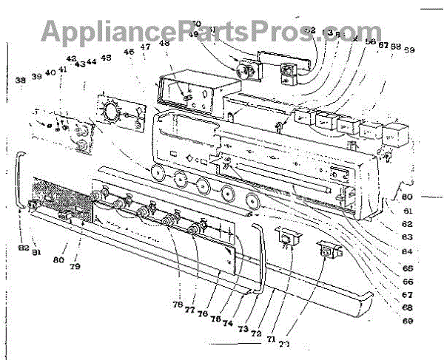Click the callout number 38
pyautogui.click(x=20, y=79)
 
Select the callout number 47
pyautogui.click(x=146, y=47)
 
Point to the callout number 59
pyautogui.click(x=409, y=50)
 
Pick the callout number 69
pyautogui.click(x=408, y=321)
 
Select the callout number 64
pyautogui.click(x=408, y=251)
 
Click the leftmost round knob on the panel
pyautogui.click(x=157, y=174)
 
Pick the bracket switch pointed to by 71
pyautogui.click(x=286, y=237)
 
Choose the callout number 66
pyautogui.click(x=408, y=282)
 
